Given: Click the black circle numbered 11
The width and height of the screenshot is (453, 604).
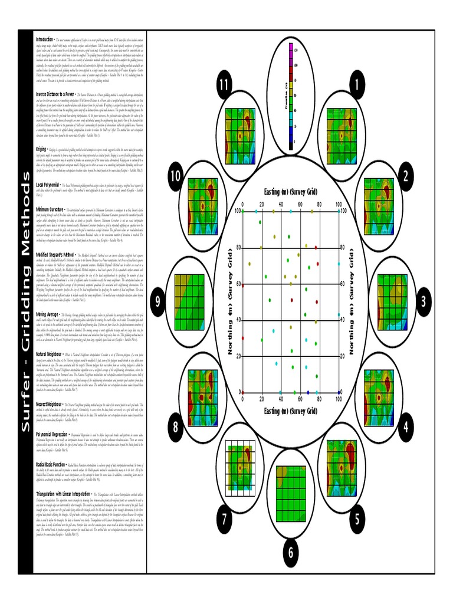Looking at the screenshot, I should click(223, 85).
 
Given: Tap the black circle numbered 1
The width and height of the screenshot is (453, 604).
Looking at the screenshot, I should click(356, 85).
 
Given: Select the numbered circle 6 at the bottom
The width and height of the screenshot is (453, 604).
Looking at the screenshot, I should click(290, 552).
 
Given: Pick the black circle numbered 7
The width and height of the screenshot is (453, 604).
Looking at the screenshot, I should click(224, 519).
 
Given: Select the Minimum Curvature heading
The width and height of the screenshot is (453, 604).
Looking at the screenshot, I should click(51, 209).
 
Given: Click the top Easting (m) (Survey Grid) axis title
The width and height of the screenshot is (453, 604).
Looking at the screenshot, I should click(291, 191).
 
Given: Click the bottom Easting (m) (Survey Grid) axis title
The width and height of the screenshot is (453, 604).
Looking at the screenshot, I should click(291, 411).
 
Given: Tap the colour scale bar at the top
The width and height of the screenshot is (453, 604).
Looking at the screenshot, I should click(290, 96).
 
